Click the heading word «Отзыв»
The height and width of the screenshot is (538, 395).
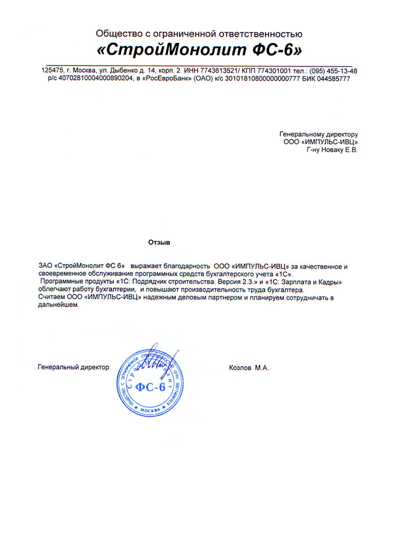(159, 242)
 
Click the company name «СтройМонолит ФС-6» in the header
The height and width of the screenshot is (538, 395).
(200, 50)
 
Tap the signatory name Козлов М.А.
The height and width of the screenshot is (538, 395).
(249, 367)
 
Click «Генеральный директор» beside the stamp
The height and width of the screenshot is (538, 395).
(73, 367)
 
